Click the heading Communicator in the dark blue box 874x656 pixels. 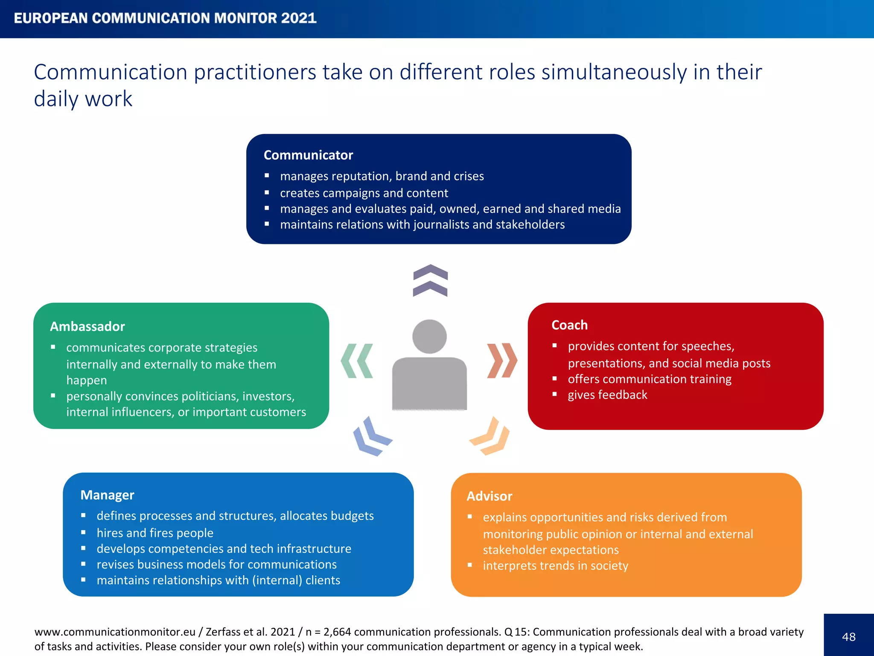pos(308,155)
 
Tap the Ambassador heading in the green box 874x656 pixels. pos(87,326)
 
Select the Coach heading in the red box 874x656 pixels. pos(569,325)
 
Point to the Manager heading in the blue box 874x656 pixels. pos(107,495)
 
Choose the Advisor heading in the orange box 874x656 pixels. pos(489,496)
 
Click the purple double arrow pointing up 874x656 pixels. pos(430,281)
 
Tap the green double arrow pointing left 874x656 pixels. pos(357,361)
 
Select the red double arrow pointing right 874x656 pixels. pos(502,360)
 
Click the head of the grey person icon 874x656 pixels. pos(429,337)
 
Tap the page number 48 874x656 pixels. pos(849,637)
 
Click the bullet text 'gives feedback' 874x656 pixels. pos(607,395)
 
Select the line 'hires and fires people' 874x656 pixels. pos(155,533)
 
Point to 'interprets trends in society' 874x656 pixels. pos(555,566)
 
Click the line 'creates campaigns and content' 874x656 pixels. pos(364,193)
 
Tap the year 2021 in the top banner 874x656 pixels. pos(299,18)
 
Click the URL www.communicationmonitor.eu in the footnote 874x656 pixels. pos(115,632)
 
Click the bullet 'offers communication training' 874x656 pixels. pos(650,379)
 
